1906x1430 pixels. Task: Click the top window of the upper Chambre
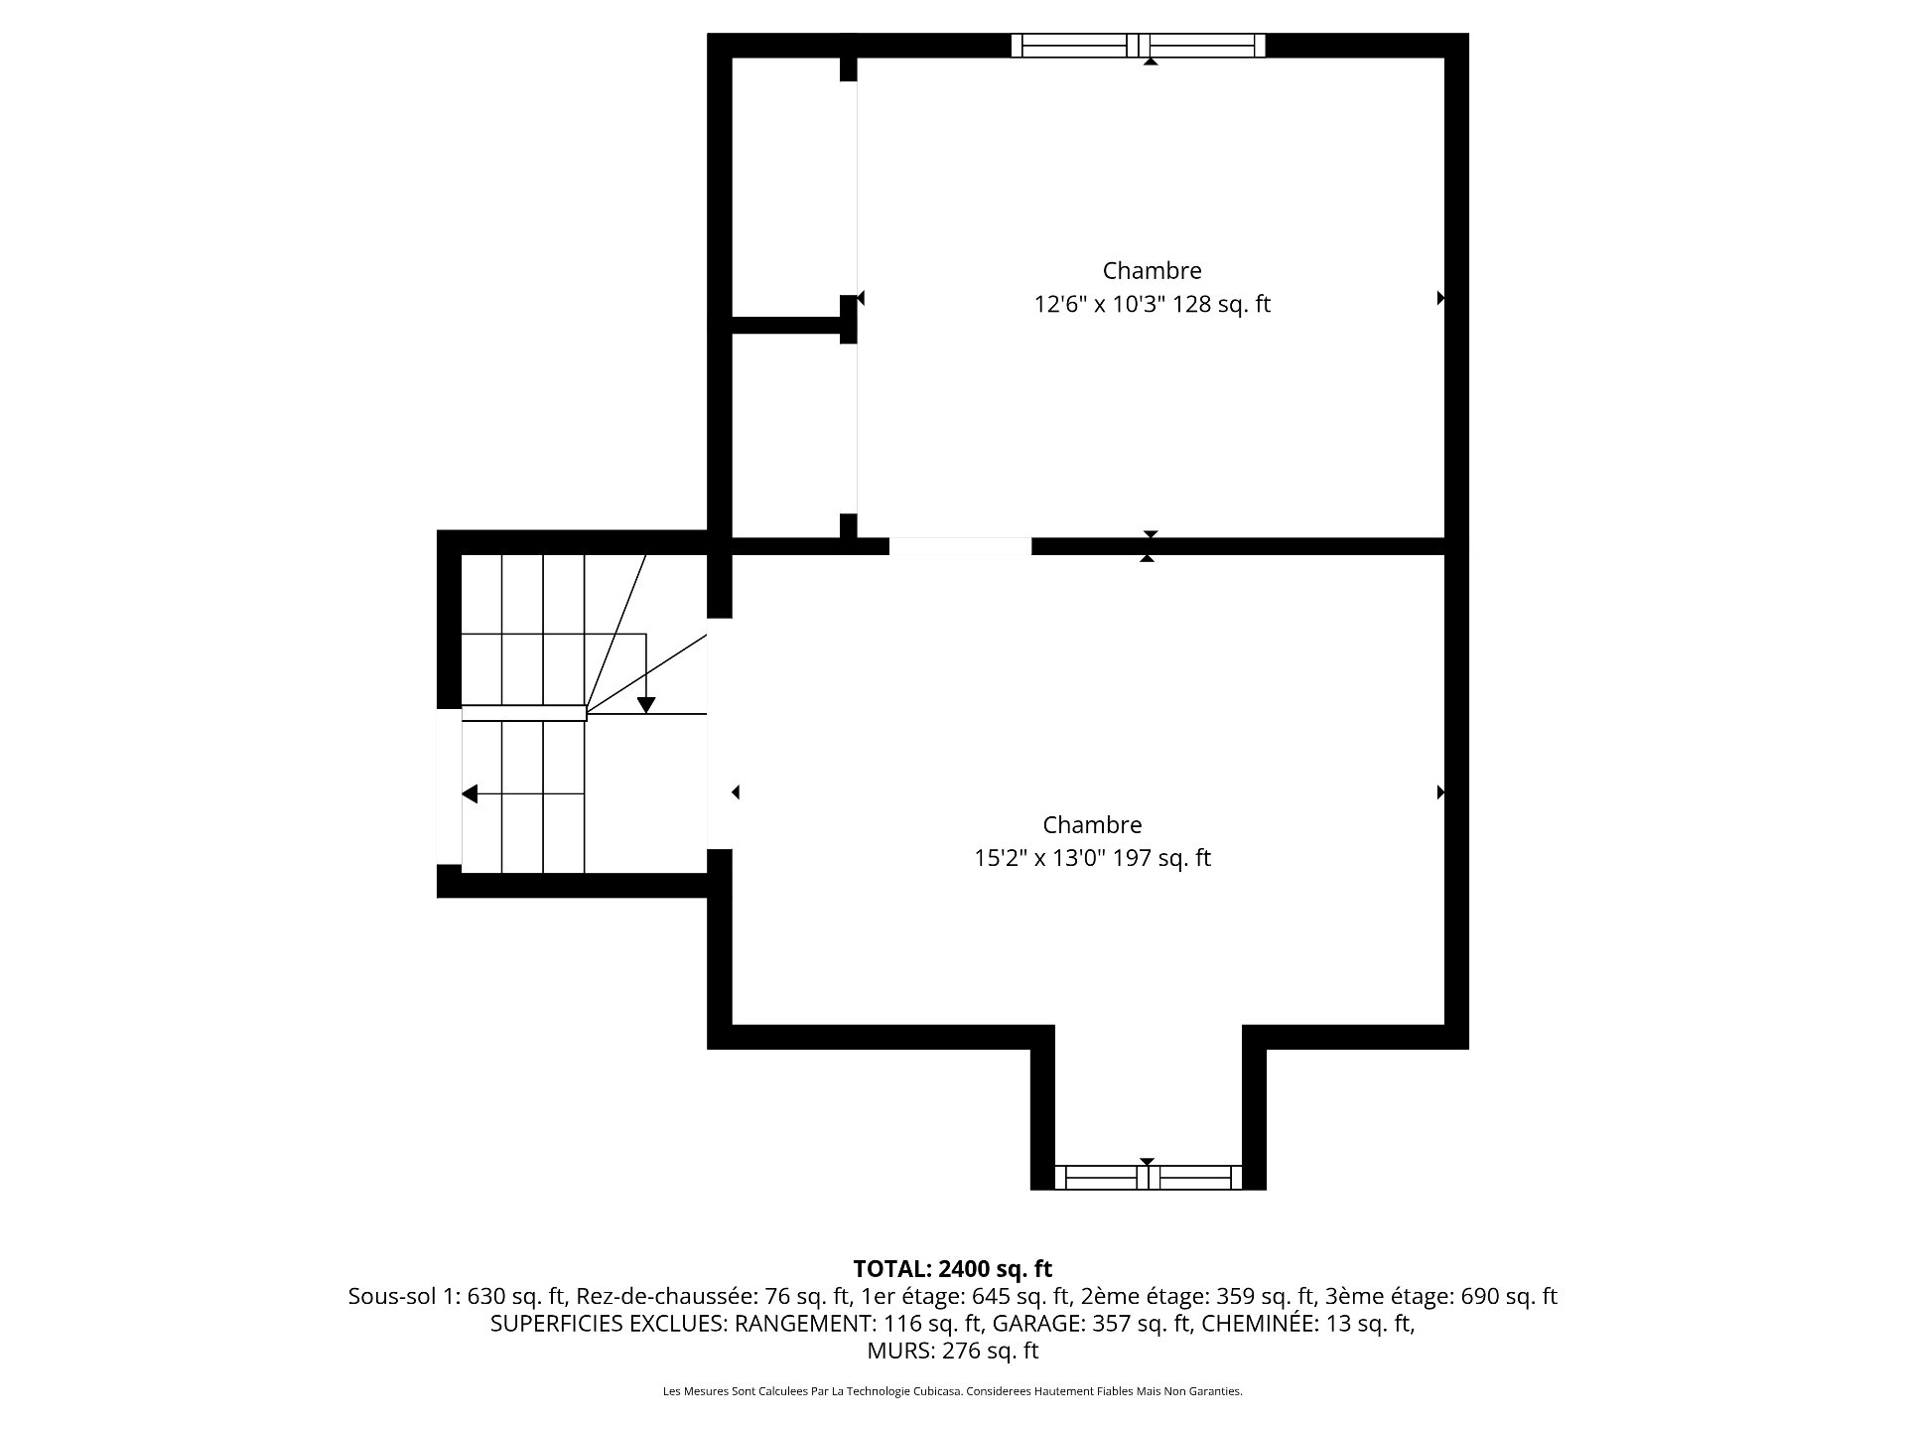[1139, 46]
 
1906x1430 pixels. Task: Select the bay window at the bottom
[1148, 1177]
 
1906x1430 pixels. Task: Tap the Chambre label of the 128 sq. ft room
[1152, 270]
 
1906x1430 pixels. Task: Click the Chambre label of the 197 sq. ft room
[1092, 824]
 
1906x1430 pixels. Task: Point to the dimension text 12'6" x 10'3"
[1099, 304]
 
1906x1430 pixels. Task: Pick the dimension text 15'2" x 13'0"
[1039, 858]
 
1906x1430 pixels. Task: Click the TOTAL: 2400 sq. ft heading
[953, 1268]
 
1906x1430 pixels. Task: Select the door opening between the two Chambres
[960, 546]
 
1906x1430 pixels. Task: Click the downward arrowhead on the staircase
[646, 705]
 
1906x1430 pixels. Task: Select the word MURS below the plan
[900, 1351]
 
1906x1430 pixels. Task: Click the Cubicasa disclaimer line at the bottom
[953, 1391]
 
